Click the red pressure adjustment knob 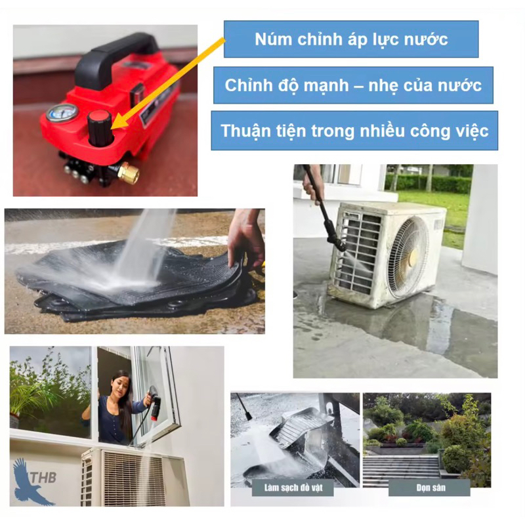click(100, 128)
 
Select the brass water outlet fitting click(129, 173)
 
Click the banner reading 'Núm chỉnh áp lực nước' click(351, 39)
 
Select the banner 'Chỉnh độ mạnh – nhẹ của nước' click(353, 85)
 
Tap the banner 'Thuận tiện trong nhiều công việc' click(354, 131)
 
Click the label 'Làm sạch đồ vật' click(293, 487)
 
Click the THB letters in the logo click(43, 478)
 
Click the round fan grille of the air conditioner click(408, 257)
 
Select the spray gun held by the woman click(154, 402)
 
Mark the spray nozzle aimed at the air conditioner click(337, 240)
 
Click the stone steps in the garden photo click(401, 468)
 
